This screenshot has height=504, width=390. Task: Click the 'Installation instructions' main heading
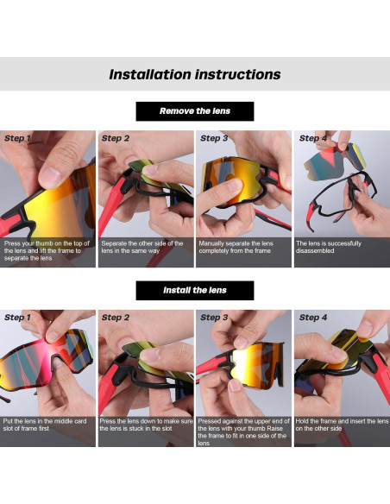[x=194, y=74]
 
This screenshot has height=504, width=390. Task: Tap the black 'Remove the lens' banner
[x=194, y=111]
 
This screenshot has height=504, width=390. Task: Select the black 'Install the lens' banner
[x=194, y=290]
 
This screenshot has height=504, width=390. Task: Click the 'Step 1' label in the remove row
[x=18, y=138]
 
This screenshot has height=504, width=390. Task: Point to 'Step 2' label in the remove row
[x=116, y=138]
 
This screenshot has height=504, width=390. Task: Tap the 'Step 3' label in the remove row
[x=214, y=138]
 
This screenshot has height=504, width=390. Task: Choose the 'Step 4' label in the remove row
[x=312, y=138]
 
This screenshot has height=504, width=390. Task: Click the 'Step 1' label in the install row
[x=18, y=318]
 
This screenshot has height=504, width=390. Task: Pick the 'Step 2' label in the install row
[x=116, y=318]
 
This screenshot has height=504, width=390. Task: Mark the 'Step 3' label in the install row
[x=214, y=318]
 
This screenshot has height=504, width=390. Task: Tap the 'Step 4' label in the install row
[x=312, y=318]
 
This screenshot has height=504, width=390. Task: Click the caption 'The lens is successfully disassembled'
[x=328, y=247]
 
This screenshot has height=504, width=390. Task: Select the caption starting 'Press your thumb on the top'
[x=47, y=251]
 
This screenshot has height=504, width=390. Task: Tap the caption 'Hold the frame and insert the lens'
[x=342, y=425]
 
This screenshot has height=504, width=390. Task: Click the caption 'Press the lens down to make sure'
[x=145, y=425]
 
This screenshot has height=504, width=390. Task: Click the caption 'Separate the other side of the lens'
[x=143, y=247]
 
